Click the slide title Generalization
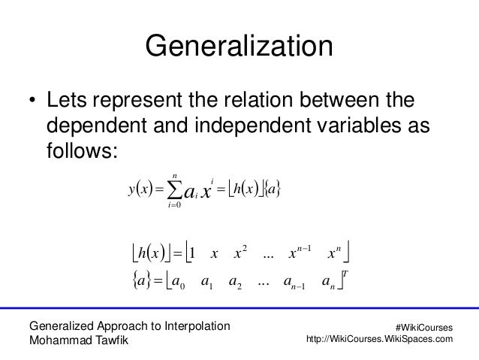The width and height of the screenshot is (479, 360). click(239, 46)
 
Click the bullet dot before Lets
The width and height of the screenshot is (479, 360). click(32, 101)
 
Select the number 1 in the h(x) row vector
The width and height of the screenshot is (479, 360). click(193, 251)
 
